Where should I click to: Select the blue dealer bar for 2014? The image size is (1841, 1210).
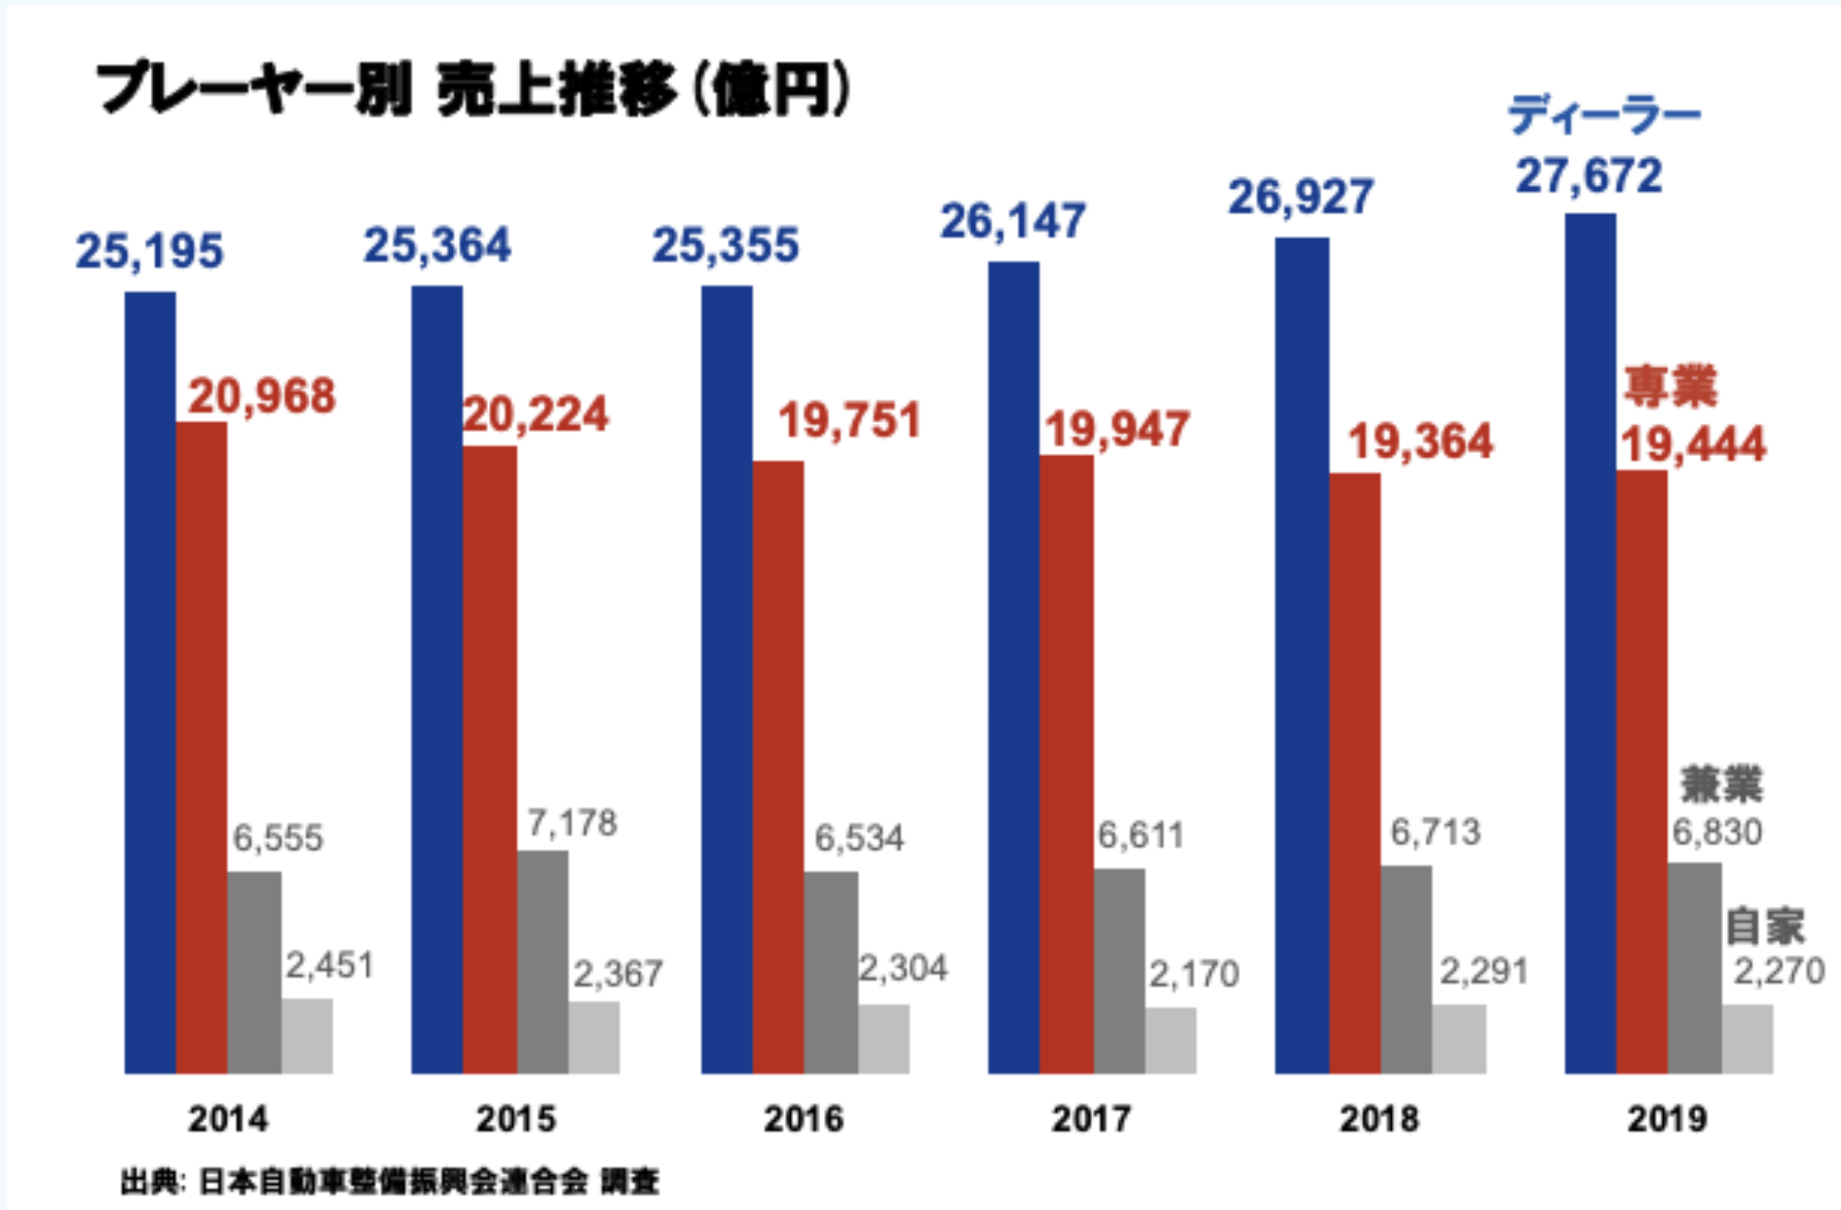(x=150, y=682)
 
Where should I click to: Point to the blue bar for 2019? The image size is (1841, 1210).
(x=1590, y=643)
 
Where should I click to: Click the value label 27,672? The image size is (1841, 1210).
(x=1589, y=176)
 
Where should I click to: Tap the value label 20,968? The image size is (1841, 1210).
(x=261, y=397)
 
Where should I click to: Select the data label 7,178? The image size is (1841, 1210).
(x=572, y=823)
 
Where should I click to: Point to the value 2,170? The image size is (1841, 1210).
(x=1193, y=974)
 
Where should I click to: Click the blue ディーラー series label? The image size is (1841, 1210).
(x=1604, y=116)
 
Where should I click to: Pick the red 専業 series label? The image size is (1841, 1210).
(x=1671, y=387)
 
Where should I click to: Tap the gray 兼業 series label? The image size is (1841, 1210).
(x=1721, y=784)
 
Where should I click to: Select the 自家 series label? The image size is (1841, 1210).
(x=1765, y=926)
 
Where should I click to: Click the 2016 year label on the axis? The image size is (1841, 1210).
(x=803, y=1119)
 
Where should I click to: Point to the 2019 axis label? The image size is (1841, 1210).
(x=1667, y=1119)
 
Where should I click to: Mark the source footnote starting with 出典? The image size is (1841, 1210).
(x=390, y=1182)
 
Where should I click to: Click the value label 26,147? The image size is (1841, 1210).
(x=1012, y=221)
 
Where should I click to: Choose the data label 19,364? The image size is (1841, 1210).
(x=1420, y=442)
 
